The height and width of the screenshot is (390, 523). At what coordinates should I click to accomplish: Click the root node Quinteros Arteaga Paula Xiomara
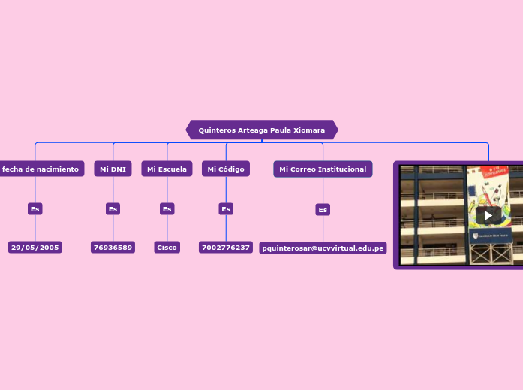[x=261, y=130]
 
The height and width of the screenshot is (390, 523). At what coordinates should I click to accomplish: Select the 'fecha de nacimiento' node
[x=41, y=169]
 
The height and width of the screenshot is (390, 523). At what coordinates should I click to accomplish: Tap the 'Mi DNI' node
[x=113, y=169]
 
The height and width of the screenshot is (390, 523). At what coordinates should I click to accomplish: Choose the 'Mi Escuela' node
[x=167, y=169]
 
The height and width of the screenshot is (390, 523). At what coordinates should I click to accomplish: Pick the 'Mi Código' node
[x=225, y=169]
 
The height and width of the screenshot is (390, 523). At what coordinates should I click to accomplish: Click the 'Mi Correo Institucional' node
[x=323, y=169]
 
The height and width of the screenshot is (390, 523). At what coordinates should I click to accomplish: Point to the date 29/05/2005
[x=35, y=247]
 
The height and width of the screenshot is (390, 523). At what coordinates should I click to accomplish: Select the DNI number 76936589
[x=113, y=247]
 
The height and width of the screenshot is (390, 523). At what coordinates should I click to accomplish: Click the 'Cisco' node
[x=167, y=247]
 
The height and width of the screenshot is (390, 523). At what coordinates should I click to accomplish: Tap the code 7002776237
[x=225, y=247]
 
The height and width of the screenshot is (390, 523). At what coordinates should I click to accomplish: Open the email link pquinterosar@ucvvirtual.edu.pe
[x=323, y=248]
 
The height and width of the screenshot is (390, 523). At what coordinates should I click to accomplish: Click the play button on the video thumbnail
[x=488, y=216]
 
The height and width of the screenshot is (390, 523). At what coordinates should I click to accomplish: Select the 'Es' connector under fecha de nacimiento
[x=35, y=209]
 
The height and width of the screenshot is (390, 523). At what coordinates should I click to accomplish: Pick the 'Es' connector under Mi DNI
[x=113, y=209]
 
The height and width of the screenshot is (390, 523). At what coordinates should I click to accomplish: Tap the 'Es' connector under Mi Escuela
[x=167, y=209]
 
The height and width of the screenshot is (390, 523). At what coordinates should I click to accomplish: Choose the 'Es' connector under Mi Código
[x=225, y=209]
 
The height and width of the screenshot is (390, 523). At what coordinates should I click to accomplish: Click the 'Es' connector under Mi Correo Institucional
[x=323, y=210]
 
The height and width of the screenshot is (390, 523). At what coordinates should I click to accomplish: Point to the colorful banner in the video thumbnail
[x=488, y=187]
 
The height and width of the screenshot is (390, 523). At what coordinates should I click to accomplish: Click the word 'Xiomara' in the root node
[x=309, y=130]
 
